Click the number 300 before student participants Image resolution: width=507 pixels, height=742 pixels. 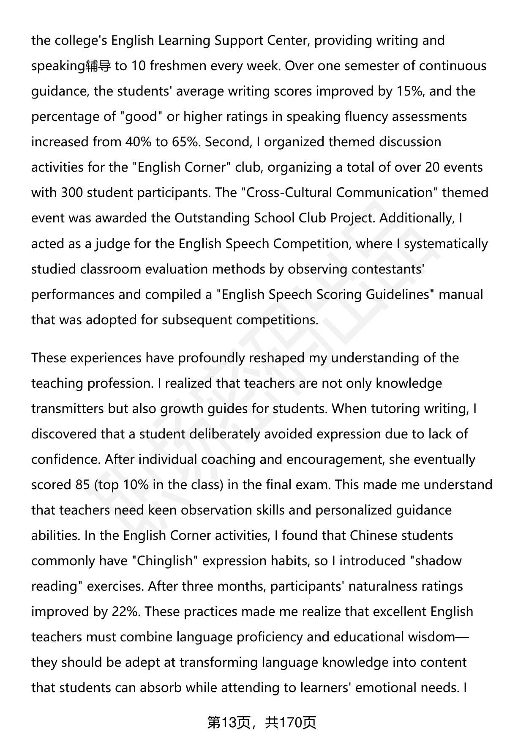pos(72,193)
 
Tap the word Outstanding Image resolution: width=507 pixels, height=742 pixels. pos(212,218)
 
